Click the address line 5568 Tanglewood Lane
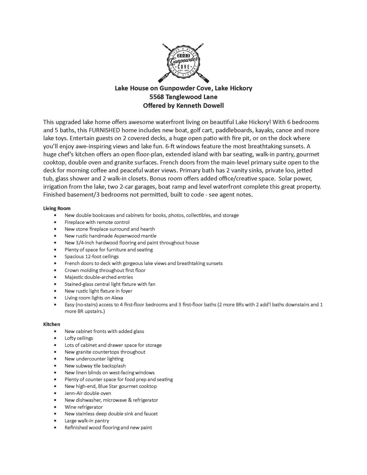(x=183, y=97)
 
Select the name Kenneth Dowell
(x=200, y=105)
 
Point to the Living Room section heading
(x=57, y=208)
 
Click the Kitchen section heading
(x=52, y=324)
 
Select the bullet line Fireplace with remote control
(x=97, y=222)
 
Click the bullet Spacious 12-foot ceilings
(x=92, y=256)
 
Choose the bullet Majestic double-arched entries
(x=99, y=277)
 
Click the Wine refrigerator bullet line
(x=83, y=407)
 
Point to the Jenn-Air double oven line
(x=88, y=393)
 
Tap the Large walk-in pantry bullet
(x=87, y=421)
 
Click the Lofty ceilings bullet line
(x=79, y=338)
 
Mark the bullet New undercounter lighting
(x=94, y=359)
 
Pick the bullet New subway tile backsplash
(x=95, y=366)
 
